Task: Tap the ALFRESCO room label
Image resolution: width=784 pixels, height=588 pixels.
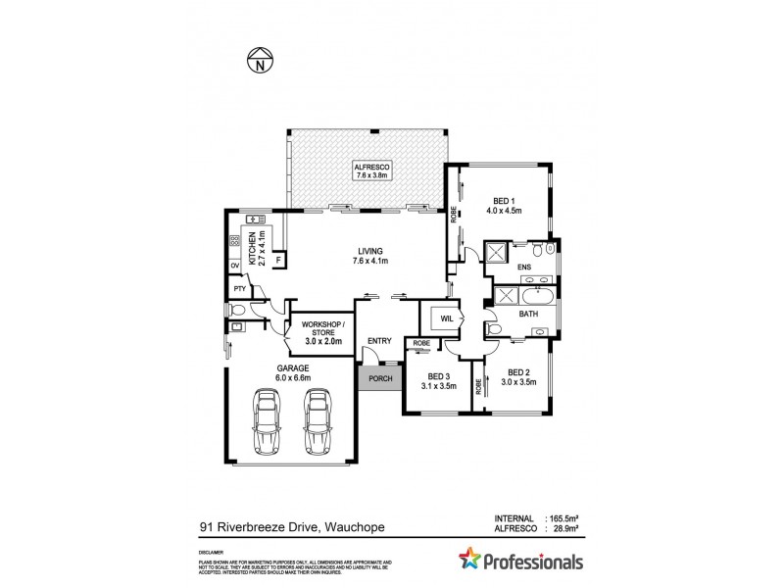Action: coord(372,172)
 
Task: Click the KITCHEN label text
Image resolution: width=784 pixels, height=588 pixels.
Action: coord(256,246)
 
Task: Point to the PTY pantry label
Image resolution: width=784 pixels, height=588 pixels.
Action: coord(238,289)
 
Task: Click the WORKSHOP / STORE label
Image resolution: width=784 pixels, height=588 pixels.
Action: coord(321,332)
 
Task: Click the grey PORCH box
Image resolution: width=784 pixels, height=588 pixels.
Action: coord(378,378)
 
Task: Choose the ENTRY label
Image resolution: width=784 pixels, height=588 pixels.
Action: coord(379,341)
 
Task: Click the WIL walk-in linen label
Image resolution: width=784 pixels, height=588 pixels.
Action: coord(446,318)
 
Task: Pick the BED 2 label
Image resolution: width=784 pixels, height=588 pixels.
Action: coord(519,377)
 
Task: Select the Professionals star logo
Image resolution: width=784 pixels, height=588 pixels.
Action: coord(472,562)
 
